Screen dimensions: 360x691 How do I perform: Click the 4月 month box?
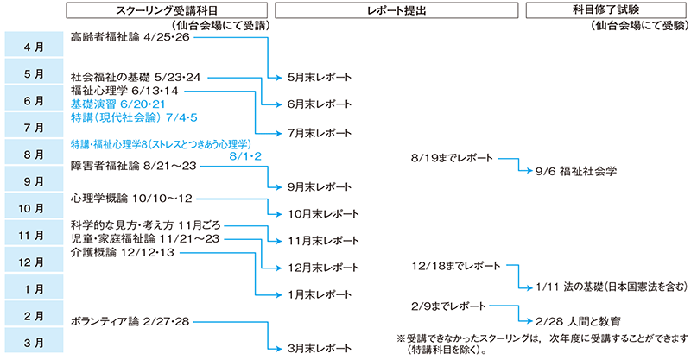(33, 46)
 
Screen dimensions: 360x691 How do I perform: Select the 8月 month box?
(33, 155)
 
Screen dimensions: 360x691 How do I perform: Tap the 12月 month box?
(33, 262)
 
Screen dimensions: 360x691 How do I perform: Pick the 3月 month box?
(33, 343)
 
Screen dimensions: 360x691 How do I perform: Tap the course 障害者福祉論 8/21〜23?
(135, 166)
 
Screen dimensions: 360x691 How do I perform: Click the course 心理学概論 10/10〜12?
(132, 199)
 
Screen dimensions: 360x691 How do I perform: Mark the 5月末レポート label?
(320, 78)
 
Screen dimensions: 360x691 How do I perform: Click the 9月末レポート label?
(320, 186)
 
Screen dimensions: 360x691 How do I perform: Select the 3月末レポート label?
(320, 349)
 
